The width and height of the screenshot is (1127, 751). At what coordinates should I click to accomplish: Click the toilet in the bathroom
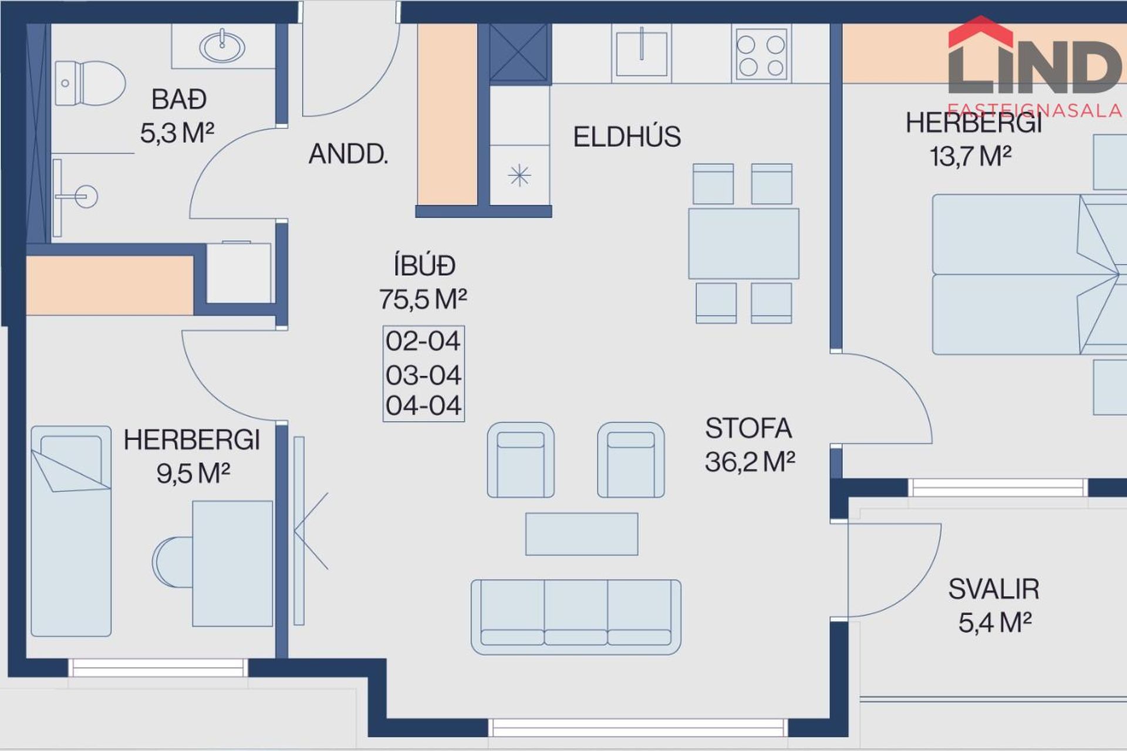tap(90, 83)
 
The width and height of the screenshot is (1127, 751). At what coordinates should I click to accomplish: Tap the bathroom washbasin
tap(222, 46)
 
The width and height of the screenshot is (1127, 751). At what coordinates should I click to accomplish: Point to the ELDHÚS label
tap(627, 137)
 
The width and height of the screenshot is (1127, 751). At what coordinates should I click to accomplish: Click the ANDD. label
tap(348, 154)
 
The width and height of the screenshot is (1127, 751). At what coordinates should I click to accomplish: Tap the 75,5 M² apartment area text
tap(423, 299)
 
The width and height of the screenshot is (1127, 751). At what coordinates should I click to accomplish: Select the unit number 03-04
tap(423, 375)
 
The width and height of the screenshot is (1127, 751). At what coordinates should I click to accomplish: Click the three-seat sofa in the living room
tap(576, 617)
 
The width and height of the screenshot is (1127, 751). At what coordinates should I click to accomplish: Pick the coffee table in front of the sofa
tap(582, 534)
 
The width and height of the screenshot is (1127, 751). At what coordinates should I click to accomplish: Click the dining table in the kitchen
tap(744, 243)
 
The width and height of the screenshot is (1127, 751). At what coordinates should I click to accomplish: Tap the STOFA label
tap(748, 428)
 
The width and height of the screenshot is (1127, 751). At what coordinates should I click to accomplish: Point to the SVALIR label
tap(994, 589)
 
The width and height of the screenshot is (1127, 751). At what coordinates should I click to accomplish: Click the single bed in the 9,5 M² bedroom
tap(71, 531)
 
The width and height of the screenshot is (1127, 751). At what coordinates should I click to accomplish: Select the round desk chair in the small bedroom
tap(173, 561)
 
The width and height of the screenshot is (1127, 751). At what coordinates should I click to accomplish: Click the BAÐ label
tap(179, 99)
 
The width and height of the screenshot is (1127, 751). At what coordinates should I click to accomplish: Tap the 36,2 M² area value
tap(750, 462)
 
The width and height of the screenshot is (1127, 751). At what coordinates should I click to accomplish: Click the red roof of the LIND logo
tap(980, 32)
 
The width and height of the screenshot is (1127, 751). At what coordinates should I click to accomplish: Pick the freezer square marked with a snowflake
tap(519, 175)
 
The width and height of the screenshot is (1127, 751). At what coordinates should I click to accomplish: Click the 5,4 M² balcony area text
tap(995, 623)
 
